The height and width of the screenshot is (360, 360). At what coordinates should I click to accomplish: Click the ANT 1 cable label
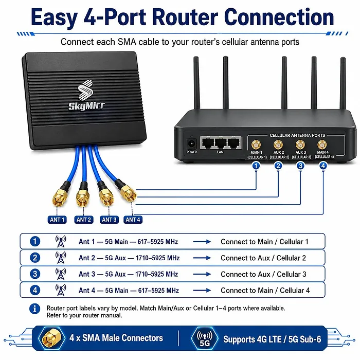57,220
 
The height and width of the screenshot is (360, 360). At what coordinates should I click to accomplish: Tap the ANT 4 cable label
133,220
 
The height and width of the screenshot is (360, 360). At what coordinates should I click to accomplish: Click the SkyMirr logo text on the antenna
86,106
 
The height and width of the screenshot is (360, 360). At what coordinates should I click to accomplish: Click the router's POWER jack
191,144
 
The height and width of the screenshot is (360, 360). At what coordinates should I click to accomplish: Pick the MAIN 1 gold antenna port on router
256,145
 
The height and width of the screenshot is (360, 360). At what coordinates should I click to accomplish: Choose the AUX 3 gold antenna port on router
300,145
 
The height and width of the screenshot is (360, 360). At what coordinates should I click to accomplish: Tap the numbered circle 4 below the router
323,166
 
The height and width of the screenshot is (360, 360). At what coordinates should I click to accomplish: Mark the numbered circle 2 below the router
278,166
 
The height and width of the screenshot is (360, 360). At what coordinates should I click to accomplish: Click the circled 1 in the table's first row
35,241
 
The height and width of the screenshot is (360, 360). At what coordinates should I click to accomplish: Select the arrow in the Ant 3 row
202,274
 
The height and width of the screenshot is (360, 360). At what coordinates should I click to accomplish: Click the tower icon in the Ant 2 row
61,258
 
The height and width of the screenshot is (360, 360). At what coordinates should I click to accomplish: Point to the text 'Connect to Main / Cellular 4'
265,291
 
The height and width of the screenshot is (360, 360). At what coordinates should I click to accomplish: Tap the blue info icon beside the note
34,309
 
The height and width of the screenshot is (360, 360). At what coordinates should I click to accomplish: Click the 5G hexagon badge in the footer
205,338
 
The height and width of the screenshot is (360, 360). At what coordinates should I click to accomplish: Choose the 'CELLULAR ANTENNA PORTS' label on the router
297,135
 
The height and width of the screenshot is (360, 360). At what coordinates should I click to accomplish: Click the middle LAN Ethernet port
220,143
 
